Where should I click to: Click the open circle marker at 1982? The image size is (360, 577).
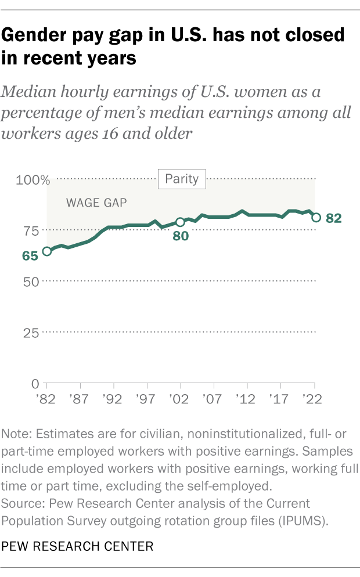click(x=46, y=251)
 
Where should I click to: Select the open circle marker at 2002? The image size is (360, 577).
click(x=180, y=222)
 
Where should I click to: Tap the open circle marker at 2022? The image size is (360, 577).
click(x=316, y=218)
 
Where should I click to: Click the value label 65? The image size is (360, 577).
click(x=31, y=255)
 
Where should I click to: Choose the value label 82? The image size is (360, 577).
click(x=333, y=218)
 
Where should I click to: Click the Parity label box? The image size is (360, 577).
click(x=182, y=179)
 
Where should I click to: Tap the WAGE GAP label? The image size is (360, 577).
click(x=96, y=203)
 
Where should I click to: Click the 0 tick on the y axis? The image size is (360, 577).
click(x=35, y=384)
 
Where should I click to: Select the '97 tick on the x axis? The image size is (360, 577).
click(x=147, y=401)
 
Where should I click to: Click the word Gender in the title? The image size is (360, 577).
click(x=37, y=35)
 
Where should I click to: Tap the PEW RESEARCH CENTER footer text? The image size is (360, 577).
click(x=77, y=546)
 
